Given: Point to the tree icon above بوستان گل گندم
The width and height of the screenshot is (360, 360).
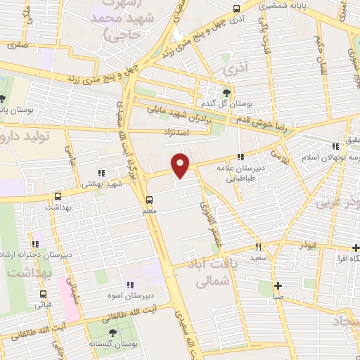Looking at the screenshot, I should (226, 92).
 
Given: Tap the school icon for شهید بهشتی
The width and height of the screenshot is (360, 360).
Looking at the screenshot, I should (101, 172).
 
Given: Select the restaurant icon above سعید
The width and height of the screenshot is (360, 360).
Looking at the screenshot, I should (258, 247).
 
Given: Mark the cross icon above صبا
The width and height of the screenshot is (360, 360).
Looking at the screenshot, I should (279, 285).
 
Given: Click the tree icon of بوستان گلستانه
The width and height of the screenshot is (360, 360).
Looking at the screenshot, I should (112, 332).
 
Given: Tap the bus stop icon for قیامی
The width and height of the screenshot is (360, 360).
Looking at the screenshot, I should (44, 295).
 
